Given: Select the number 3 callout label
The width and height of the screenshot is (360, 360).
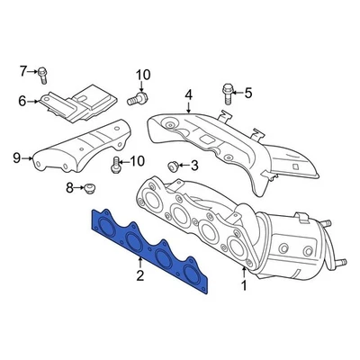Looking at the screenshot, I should (x=193, y=166).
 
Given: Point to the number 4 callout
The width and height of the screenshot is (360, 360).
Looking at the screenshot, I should (x=188, y=94).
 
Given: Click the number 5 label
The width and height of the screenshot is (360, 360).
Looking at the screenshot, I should (x=248, y=91).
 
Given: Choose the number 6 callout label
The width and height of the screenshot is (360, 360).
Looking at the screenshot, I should (x=22, y=101).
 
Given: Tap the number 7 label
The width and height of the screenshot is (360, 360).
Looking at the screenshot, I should (x=26, y=70).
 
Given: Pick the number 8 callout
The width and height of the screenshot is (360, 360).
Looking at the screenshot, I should (x=68, y=188).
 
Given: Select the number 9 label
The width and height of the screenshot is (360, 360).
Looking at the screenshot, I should (x=16, y=159).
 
